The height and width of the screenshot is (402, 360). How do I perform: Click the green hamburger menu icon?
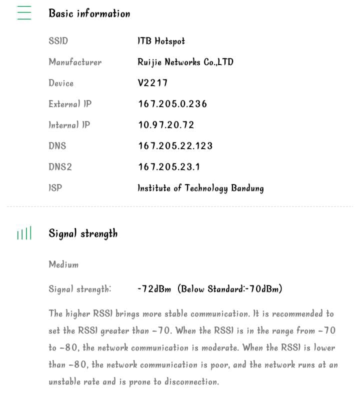coord(24,13)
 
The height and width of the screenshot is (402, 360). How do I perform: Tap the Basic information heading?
coord(89,13)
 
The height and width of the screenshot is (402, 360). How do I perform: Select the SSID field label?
coord(58,41)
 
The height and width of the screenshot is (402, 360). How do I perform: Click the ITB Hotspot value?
coord(161,41)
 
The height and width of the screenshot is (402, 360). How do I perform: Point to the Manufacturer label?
coord(75,62)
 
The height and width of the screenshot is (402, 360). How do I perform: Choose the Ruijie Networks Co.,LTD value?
coord(185,62)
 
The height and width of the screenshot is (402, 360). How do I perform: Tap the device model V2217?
coord(152,83)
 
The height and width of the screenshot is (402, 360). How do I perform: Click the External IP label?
coord(70,104)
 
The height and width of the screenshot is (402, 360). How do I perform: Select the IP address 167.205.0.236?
coord(172,104)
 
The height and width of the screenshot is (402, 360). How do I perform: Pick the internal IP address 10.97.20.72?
coord(166,125)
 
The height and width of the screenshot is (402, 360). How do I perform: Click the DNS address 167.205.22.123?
coord(175,146)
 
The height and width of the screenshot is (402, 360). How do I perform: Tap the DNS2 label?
coord(60,167)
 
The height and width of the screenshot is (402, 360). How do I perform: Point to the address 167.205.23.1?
coord(169,167)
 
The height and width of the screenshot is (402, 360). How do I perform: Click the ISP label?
coord(55,188)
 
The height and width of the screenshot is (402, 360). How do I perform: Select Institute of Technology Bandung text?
coord(200,188)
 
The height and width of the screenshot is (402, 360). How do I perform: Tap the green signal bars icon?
coord(24,233)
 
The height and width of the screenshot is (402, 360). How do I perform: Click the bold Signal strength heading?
coord(83,233)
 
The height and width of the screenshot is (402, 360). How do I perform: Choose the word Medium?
coord(63,264)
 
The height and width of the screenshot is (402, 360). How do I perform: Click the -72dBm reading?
coord(154,289)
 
